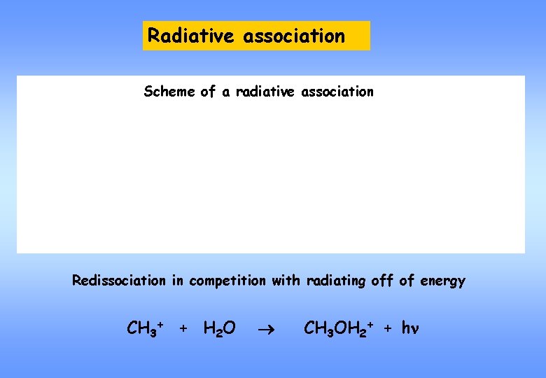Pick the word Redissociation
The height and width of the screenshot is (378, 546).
[x=118, y=281]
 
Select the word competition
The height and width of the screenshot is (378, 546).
[x=223, y=281]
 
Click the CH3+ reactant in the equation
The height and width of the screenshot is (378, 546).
[x=145, y=328]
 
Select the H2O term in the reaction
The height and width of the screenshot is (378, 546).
[x=219, y=328]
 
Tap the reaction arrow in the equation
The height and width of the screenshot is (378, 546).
[x=269, y=328]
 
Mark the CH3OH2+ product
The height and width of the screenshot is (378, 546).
[x=338, y=328]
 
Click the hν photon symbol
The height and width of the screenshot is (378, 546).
[x=409, y=328]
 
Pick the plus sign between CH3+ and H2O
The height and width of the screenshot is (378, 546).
[x=183, y=328]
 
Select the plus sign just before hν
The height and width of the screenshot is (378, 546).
[x=388, y=328]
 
